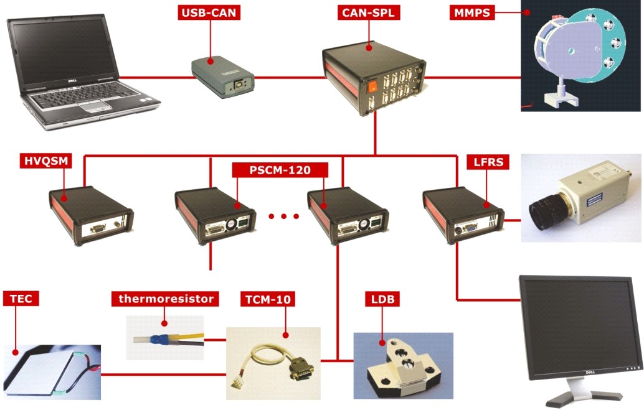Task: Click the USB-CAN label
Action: [x=209, y=12]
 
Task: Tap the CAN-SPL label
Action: [x=369, y=12]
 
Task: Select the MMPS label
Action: [x=472, y=12]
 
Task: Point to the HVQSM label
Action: [x=45, y=161]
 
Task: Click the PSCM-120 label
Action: [x=280, y=170]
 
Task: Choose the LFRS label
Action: [x=488, y=162]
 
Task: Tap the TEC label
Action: [x=21, y=299]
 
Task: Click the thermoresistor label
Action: [x=165, y=299]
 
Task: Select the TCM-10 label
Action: [x=268, y=299]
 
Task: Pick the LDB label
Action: [x=383, y=299]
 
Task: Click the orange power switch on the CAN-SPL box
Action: [x=372, y=86]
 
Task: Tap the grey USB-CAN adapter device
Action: [x=222, y=77]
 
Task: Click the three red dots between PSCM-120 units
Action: [x=283, y=216]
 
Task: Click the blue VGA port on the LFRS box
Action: [x=470, y=226]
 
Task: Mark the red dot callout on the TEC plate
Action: [x=15, y=352]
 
